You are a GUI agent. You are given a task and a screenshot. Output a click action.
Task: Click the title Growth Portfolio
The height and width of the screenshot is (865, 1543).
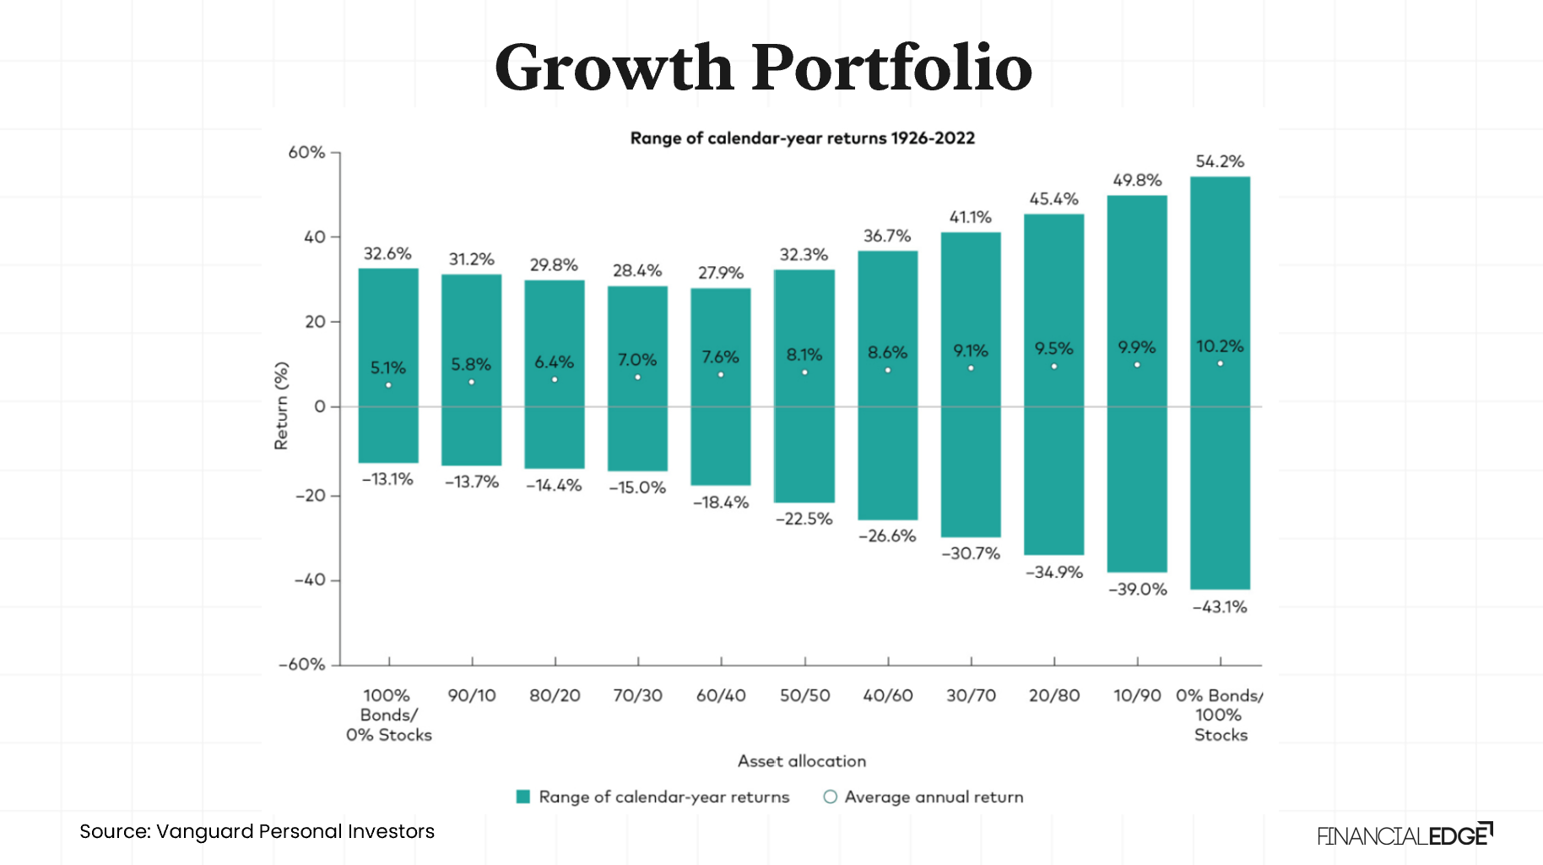pos(763,68)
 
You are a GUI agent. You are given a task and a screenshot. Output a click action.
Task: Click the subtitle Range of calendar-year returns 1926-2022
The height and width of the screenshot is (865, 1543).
pos(802,138)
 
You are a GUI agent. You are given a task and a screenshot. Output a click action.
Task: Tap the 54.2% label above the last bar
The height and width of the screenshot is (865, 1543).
pos(1220,161)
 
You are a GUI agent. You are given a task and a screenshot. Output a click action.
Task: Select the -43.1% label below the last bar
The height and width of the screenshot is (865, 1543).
pos(1220,607)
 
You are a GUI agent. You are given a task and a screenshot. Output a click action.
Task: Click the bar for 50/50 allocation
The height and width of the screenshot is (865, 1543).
pos(804,439)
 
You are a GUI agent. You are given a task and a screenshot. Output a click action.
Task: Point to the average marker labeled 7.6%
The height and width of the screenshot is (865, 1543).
pos(721,374)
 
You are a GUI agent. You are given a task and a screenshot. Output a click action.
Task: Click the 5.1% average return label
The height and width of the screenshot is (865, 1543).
pos(388,367)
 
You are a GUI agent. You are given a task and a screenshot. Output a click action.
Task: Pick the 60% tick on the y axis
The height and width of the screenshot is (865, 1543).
pos(306,153)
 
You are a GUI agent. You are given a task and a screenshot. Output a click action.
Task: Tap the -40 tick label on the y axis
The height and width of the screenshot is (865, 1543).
pos(310,580)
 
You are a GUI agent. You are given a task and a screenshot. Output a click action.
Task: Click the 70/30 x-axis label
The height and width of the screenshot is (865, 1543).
pos(637,695)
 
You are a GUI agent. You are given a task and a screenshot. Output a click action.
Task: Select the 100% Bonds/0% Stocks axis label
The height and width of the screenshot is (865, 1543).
pos(388,715)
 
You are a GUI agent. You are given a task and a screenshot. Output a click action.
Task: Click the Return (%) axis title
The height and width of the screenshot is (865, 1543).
pos(281,405)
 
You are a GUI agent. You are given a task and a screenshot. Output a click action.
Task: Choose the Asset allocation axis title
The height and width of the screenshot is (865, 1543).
pos(802,761)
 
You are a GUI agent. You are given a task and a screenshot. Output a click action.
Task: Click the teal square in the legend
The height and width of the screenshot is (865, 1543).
pos(522,797)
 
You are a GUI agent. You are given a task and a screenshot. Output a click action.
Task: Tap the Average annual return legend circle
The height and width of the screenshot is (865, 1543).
pos(831,797)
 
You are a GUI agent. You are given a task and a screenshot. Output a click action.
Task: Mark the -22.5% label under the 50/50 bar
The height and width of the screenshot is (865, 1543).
pos(804,519)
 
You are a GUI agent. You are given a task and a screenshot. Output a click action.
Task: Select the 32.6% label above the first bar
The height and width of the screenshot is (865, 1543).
pos(387,253)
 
